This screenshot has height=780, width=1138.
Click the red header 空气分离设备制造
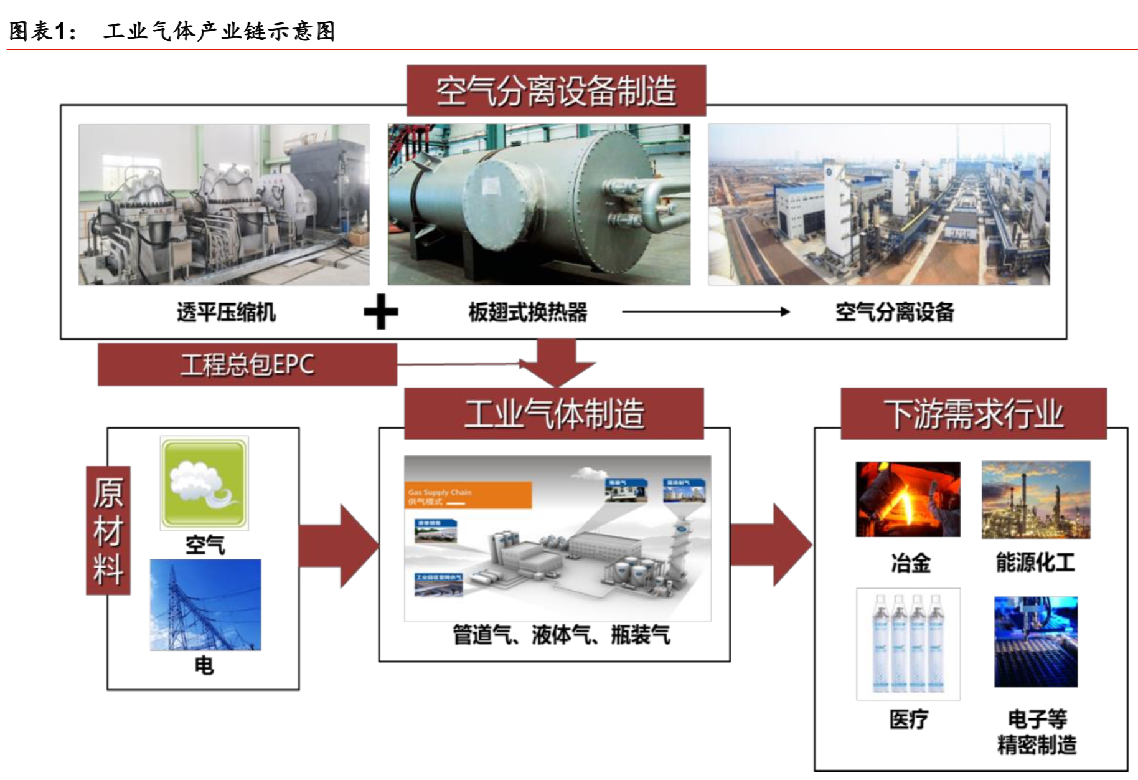click(x=556, y=91)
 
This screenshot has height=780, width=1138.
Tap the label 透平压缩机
click(x=225, y=312)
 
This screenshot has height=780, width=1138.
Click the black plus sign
click(x=381, y=312)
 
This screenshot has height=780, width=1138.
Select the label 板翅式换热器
click(x=528, y=312)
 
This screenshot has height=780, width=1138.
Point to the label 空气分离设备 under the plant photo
click(x=895, y=312)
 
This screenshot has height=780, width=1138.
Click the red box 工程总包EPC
click(x=247, y=364)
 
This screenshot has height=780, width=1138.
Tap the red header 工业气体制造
click(x=554, y=414)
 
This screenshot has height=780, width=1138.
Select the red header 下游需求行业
click(x=973, y=414)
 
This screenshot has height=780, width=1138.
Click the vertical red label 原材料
click(x=108, y=530)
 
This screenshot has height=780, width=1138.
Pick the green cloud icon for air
click(x=204, y=483)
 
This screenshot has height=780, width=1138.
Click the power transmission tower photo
click(x=205, y=605)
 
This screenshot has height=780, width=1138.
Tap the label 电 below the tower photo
click(x=204, y=666)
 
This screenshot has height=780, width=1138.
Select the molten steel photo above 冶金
click(x=908, y=500)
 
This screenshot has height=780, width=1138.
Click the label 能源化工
click(x=1035, y=563)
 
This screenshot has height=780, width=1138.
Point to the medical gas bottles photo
click(x=908, y=644)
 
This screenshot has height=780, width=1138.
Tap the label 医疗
click(x=908, y=720)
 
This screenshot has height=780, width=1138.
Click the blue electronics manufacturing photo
click(x=1035, y=642)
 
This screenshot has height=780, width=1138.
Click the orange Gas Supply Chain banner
click(x=468, y=495)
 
